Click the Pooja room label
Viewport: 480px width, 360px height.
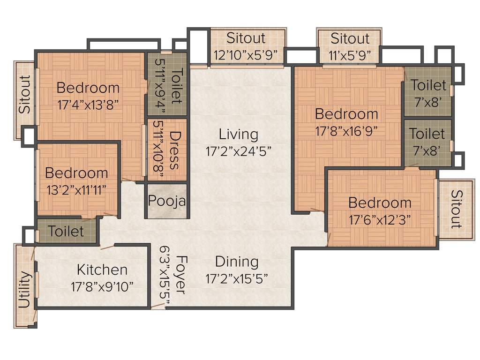(x=167, y=201)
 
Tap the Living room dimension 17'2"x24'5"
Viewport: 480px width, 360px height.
(x=238, y=151)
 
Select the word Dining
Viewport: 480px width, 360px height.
(x=237, y=262)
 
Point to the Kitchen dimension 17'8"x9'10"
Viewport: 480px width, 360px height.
(x=102, y=286)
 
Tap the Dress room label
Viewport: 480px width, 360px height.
(x=174, y=150)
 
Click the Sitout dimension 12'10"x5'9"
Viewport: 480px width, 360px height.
(x=246, y=55)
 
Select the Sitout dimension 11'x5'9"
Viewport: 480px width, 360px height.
(x=350, y=55)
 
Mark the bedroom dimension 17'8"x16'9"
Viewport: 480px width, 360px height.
(x=346, y=131)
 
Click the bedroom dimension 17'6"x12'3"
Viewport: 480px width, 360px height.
(x=380, y=220)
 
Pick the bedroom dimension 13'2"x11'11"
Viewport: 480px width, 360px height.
(x=76, y=189)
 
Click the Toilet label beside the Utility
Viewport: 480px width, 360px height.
(x=66, y=231)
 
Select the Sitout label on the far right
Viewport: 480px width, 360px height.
(x=456, y=209)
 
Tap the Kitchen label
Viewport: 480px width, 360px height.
(x=102, y=270)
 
